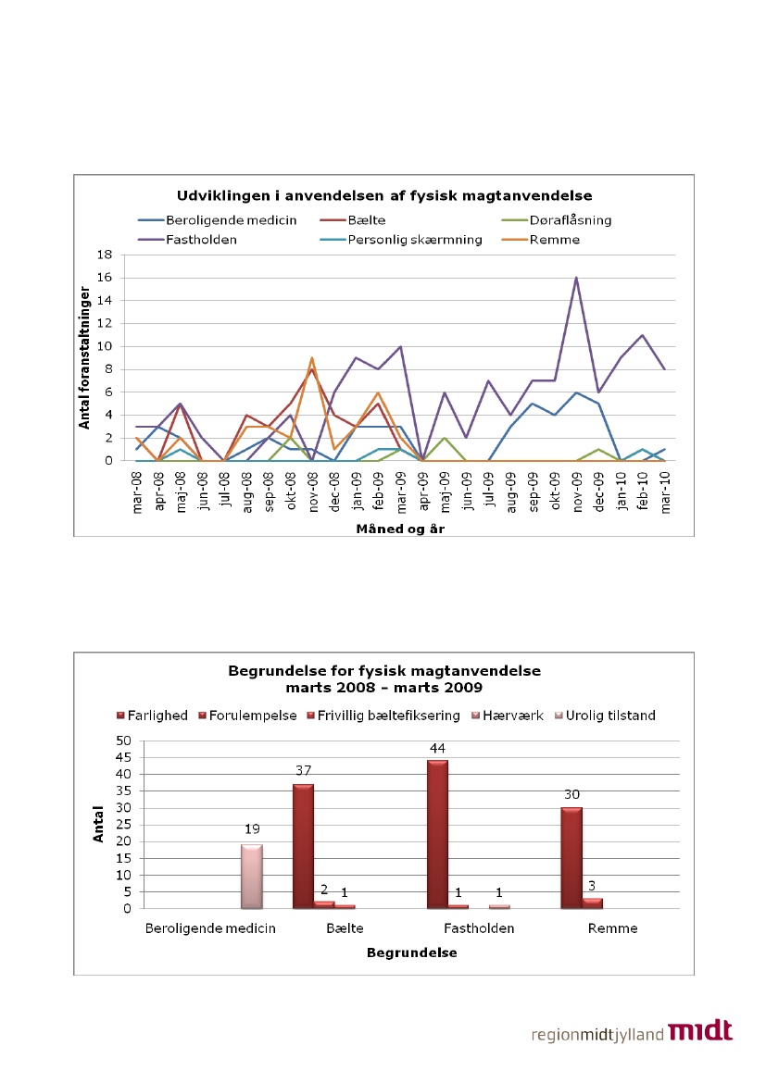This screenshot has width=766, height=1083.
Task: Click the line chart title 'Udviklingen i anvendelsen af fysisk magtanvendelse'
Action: [x=384, y=195]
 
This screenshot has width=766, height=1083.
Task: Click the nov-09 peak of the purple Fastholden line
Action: [x=576, y=278]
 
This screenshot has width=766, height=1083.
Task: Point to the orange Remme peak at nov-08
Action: [x=312, y=358]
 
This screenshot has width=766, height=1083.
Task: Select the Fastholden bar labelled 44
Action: [x=436, y=834]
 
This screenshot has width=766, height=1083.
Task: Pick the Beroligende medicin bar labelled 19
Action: [x=252, y=877]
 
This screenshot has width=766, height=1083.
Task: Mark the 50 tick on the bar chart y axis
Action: [x=124, y=741]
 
